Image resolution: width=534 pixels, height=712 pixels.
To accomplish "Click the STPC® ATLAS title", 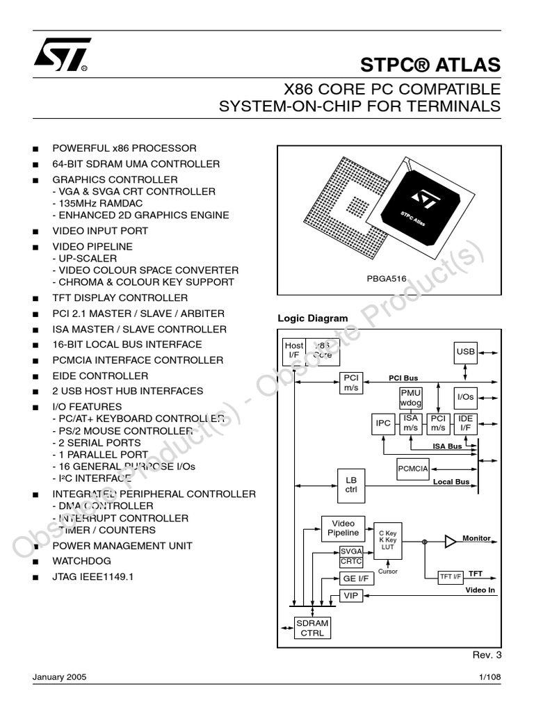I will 430,65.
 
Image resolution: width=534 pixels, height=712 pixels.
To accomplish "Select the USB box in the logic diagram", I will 465,352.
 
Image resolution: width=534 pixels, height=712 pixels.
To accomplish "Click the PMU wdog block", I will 410,398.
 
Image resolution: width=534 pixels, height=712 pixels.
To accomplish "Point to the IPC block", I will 383,423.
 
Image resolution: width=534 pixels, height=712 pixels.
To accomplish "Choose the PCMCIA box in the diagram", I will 413,469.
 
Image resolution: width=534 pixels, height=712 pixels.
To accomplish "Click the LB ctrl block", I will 351,485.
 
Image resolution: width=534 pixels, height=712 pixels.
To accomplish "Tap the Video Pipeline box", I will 343,528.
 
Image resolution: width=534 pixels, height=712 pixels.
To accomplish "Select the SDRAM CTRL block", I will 312,628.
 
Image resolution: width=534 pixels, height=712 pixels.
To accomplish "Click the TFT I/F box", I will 450,576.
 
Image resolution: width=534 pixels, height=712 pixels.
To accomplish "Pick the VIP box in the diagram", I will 350,596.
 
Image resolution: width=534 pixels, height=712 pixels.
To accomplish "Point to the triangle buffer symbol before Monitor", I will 451,540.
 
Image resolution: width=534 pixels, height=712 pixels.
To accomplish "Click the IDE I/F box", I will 464,423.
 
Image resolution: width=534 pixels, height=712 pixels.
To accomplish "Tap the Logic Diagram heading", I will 313,318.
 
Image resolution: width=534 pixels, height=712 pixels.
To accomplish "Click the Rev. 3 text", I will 487,655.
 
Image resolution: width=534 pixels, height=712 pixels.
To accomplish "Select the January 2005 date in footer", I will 59,678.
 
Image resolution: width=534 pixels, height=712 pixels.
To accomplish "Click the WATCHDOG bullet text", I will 81,561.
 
